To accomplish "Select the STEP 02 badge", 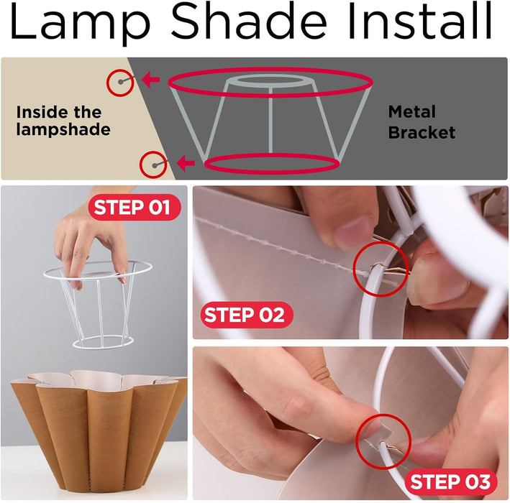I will coord(244,315).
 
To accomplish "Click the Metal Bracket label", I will coord(422,122).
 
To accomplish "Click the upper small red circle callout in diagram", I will coord(120,83).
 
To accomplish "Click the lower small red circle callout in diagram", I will coord(153,165).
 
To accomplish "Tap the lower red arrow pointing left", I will coord(185,164).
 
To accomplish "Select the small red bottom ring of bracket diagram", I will coord(271,165).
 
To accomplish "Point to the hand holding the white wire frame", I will coord(86,237).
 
